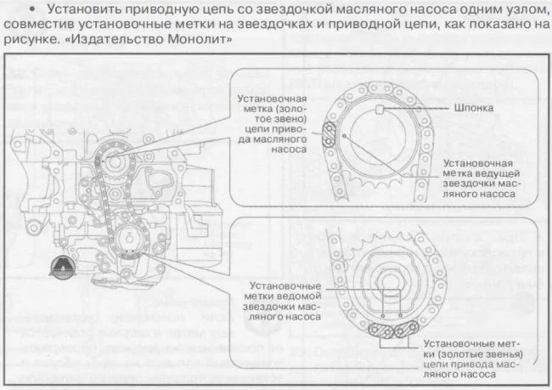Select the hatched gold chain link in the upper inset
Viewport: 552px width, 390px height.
click(329, 136)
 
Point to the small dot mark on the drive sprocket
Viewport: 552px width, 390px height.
click(345, 134)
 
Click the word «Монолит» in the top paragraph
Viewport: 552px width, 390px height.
click(200, 40)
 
